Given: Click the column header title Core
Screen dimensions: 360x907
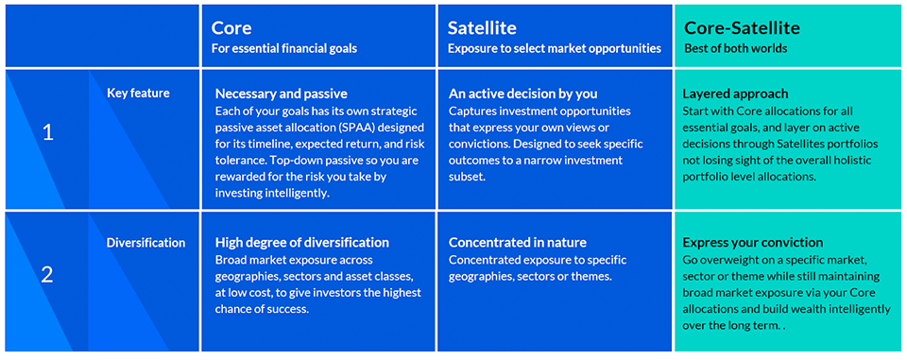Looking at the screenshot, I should pos(231,28).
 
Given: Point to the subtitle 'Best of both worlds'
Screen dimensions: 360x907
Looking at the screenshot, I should pos(736,49).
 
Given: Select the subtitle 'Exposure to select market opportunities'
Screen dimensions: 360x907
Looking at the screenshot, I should pos(554,49).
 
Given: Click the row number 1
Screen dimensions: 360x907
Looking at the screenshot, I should pos(48,132).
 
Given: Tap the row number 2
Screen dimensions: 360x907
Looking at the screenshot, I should pos(48,275).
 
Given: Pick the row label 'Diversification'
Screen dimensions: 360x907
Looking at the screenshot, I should pos(145,243).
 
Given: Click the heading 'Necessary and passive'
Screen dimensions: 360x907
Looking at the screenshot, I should pos(281,94).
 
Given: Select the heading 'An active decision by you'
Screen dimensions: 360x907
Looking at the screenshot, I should pos(522,94).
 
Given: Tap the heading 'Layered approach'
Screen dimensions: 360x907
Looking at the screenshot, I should pos(734,94).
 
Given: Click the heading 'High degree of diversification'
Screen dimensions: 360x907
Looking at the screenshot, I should pos(301,242).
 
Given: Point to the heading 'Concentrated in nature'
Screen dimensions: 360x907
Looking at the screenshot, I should pos(517,242).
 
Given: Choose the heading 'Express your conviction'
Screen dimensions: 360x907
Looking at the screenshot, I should pos(752,242).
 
